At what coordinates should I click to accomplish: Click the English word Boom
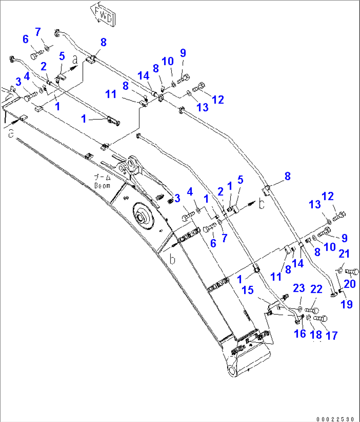[102, 186]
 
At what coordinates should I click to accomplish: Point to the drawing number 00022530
[337, 419]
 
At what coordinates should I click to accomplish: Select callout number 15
[248, 290]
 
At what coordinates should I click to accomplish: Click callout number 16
[300, 334]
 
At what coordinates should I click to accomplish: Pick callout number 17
[332, 335]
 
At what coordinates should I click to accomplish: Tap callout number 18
[316, 334]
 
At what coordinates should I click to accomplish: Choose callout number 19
[347, 304]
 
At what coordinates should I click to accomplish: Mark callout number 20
[350, 283]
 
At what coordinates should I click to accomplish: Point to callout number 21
[344, 254]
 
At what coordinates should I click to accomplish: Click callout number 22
[316, 289]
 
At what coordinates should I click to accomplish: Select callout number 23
[299, 288]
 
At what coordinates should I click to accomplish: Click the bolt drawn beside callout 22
[312, 310]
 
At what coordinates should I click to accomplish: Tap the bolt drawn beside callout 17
[320, 319]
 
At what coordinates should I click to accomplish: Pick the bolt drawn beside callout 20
[352, 272]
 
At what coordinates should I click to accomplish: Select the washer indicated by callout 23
[300, 309]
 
